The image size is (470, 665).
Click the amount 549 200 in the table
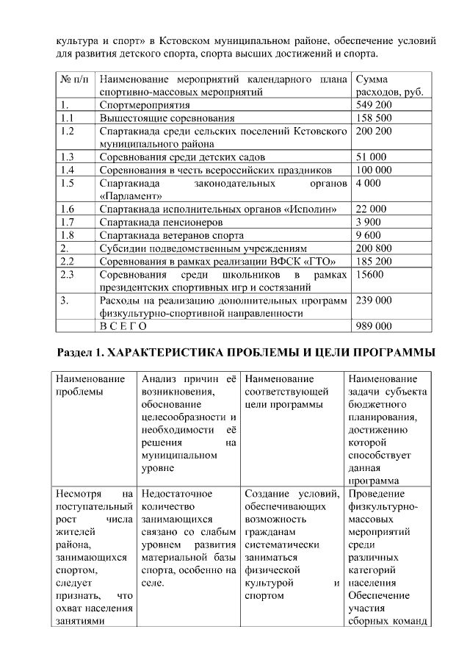pos(374,105)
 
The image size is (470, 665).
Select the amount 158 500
pos(374,118)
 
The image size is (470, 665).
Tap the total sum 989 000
pos(374,326)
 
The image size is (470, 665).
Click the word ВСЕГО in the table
pos(123,326)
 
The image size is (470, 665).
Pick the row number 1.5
pos(68,183)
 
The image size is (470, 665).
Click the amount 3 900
pos(368,222)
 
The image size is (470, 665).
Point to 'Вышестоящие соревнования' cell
pos(167,118)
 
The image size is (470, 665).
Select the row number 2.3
pos(68,274)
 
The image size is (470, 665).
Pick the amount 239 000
pos(374,301)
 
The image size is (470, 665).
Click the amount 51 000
pos(371,157)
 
